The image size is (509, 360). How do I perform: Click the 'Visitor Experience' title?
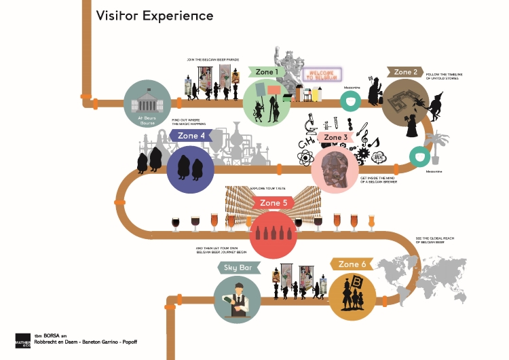tap(154, 15)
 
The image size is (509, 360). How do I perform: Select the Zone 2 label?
tap(405, 72)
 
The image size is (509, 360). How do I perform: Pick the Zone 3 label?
tap(335, 138)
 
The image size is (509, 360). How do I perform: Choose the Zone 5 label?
tap(274, 203)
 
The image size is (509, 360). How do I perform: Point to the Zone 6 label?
tap(352, 264)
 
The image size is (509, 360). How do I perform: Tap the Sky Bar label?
tap(238, 268)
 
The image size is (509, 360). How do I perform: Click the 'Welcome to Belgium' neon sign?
tap(320, 75)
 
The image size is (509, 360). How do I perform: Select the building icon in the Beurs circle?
tap(147, 103)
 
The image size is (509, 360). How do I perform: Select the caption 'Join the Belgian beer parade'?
tap(213, 60)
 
